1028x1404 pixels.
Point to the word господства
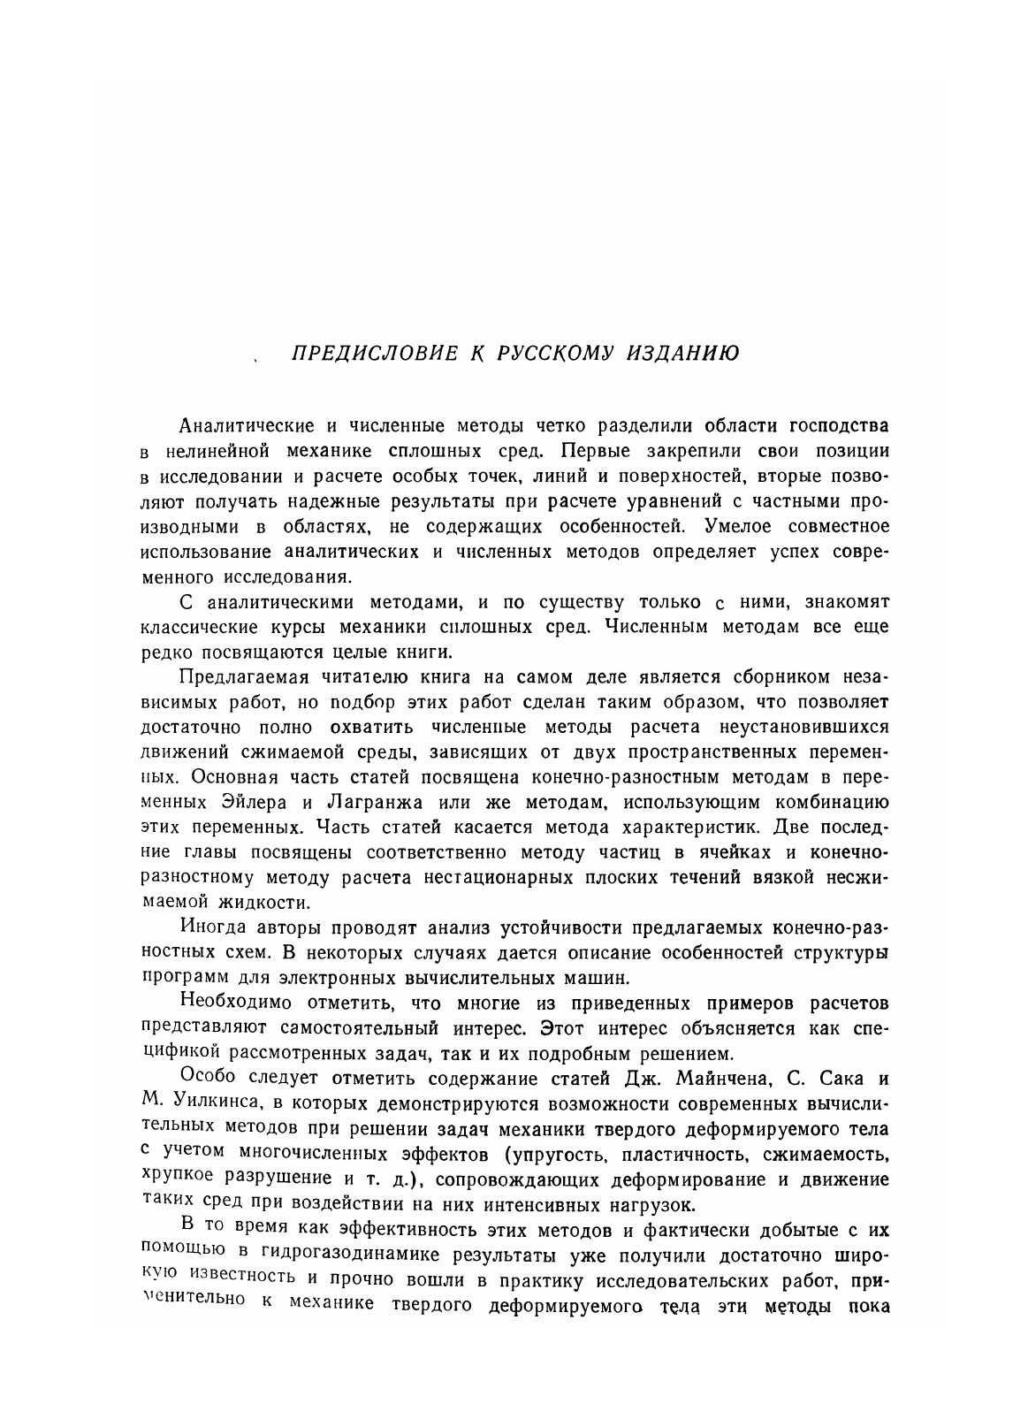(829, 425)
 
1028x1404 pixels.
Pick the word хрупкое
(176, 1179)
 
